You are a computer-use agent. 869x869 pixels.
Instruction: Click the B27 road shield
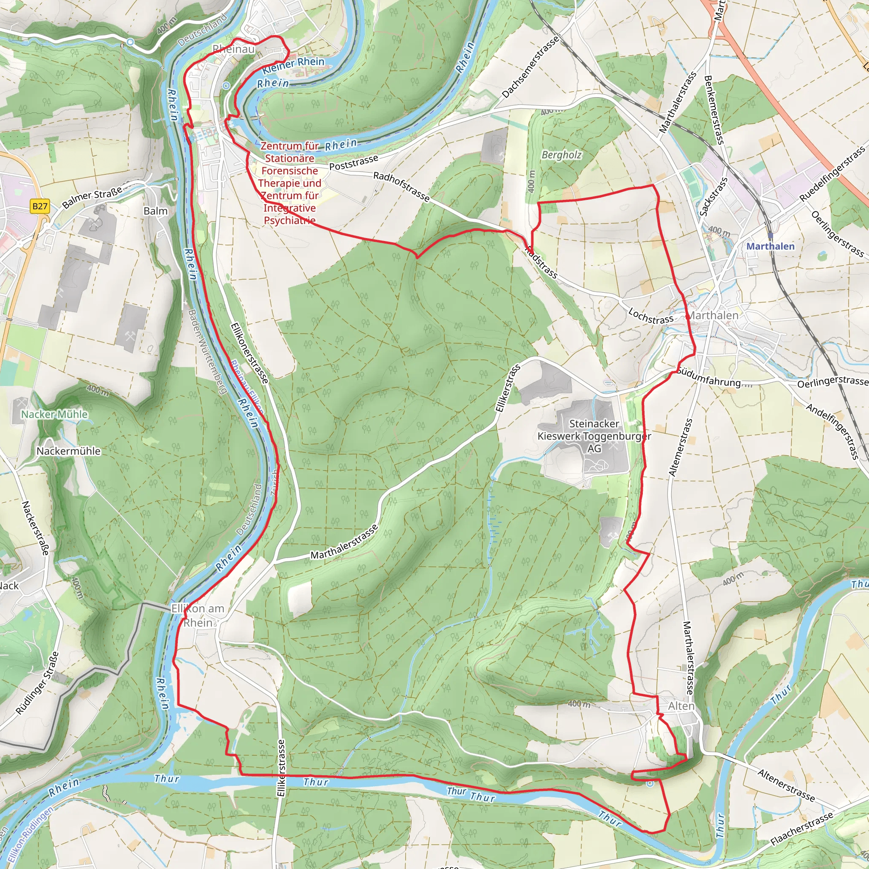(39, 207)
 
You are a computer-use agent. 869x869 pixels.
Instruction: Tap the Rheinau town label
(233, 49)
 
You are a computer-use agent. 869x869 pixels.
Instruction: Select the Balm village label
(156, 211)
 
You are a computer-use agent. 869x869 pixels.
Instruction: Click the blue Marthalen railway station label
(770, 246)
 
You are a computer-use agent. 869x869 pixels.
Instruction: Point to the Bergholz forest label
(561, 155)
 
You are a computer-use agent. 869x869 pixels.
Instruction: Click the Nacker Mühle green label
(54, 414)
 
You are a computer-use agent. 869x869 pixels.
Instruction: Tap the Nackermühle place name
(68, 451)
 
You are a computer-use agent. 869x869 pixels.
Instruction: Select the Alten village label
(681, 706)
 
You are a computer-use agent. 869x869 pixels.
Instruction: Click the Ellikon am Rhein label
(198, 615)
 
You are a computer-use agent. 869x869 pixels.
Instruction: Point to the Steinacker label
(594, 424)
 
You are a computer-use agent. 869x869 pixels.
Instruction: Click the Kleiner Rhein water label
(293, 65)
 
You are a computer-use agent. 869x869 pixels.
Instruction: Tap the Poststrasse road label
(353, 163)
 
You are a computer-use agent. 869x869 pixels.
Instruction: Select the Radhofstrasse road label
(401, 186)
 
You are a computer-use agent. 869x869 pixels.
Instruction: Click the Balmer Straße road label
(92, 198)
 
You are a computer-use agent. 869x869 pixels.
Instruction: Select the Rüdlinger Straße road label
(37, 683)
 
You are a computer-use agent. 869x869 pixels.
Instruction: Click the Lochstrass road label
(650, 316)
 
